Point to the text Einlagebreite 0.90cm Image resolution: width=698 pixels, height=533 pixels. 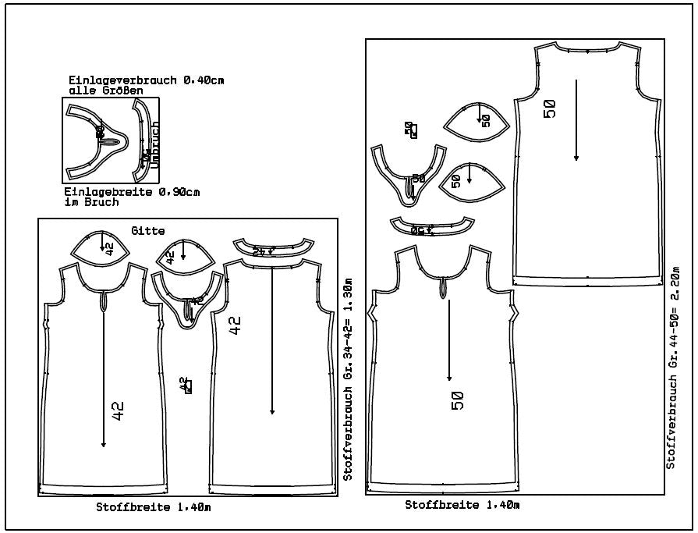(133, 192)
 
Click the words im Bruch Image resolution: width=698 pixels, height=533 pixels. (94, 202)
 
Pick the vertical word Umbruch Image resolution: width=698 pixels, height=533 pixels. (154, 145)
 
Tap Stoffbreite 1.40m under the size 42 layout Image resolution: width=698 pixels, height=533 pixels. (154, 507)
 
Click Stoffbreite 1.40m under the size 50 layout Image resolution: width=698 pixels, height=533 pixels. (462, 505)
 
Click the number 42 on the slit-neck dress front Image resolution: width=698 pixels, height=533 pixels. (118, 411)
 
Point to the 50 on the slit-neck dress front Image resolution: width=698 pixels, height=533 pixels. (458, 400)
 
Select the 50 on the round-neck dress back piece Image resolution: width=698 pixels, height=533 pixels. (551, 108)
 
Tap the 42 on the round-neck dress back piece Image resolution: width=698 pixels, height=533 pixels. (236, 324)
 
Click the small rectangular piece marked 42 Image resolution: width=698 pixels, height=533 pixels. (186, 386)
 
